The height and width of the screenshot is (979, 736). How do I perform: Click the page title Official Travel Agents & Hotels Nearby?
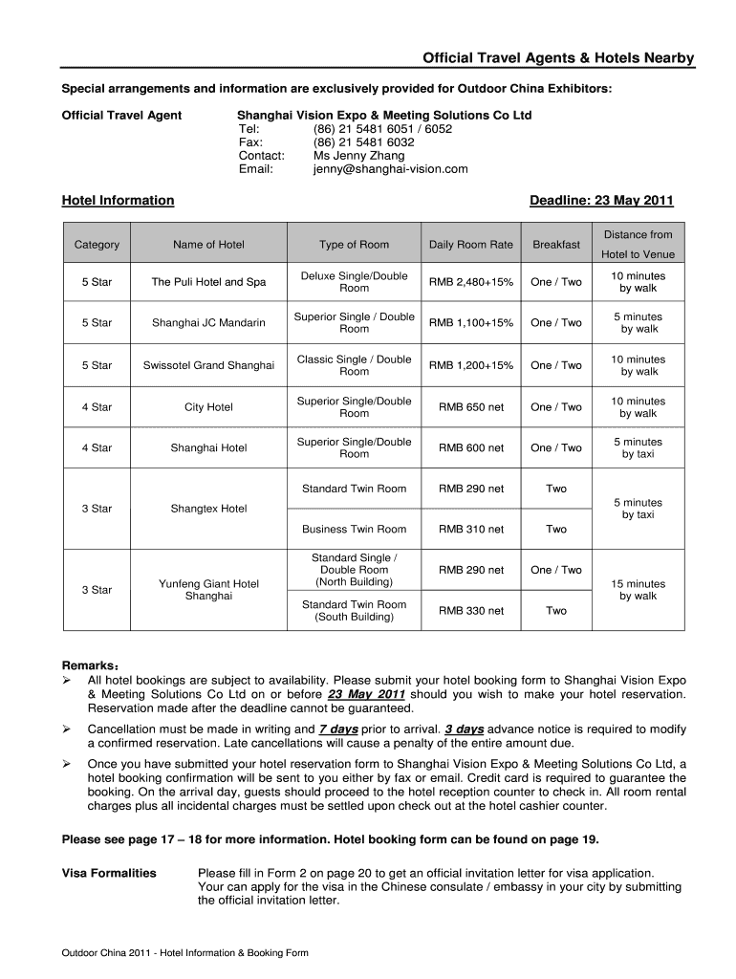558,59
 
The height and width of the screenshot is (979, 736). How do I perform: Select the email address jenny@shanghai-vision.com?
390,169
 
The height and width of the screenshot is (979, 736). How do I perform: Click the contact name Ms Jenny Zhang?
358,156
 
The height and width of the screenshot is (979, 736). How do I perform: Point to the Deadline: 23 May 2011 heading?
601,201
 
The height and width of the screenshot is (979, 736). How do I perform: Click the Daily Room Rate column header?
470,245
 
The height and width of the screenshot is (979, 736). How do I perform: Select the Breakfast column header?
556,245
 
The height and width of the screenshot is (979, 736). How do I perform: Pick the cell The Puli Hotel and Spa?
208,282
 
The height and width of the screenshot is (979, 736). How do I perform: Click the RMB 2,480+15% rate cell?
470,282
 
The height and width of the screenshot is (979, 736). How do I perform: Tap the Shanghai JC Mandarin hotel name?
208,323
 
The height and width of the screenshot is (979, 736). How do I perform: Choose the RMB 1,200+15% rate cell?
470,365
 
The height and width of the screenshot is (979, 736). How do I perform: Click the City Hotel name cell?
208,407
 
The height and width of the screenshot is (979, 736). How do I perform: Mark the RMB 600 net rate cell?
470,447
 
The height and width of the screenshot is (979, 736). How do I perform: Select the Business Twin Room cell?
354,530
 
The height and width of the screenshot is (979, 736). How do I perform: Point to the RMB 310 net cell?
470,530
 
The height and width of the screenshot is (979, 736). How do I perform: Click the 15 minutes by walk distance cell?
639,590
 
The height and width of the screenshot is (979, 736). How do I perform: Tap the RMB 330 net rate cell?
470,611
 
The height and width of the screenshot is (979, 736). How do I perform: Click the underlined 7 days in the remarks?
338,729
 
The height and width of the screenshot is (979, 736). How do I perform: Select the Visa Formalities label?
109,873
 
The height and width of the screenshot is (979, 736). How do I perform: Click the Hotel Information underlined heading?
118,201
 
